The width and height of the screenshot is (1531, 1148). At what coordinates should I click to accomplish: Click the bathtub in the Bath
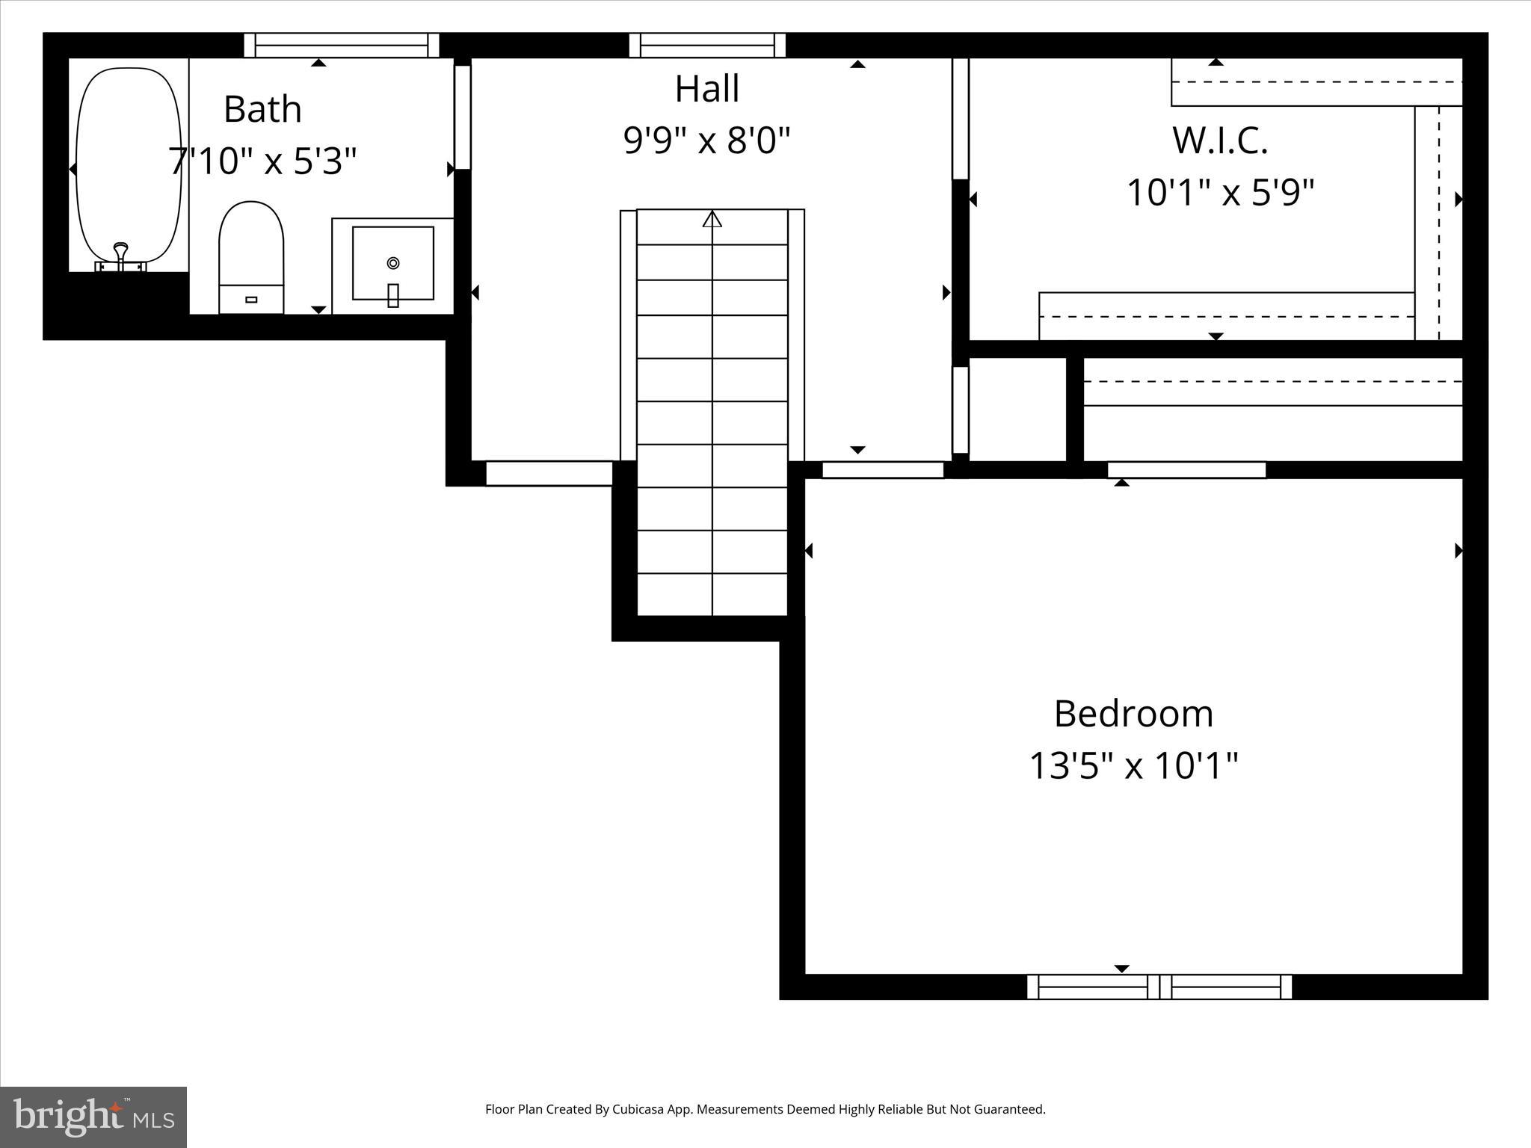(129, 164)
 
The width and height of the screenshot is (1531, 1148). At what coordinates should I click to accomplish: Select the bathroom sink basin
(393, 263)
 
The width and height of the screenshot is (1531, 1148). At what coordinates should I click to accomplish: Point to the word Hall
(706, 89)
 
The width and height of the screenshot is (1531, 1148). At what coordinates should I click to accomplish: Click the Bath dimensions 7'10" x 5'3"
(262, 161)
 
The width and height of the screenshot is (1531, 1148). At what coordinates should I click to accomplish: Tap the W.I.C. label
(1219, 141)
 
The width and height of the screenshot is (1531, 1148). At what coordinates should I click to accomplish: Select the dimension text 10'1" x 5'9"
(1219, 193)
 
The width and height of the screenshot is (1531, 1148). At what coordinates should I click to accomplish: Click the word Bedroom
(1133, 714)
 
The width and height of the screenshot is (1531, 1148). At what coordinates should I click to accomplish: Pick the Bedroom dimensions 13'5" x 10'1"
(1133, 765)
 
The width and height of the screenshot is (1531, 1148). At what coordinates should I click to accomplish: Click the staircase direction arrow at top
(712, 219)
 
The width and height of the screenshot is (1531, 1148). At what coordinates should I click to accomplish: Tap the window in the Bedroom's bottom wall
(1159, 987)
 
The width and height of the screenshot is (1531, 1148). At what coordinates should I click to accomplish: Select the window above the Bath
(342, 45)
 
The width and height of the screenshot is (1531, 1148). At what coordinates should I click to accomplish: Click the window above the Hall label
(707, 45)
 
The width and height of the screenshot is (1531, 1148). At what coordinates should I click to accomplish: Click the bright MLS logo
(93, 1117)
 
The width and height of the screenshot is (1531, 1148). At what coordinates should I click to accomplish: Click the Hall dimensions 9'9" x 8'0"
(706, 141)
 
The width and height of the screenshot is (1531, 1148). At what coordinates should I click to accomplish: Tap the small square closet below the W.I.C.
(1017, 409)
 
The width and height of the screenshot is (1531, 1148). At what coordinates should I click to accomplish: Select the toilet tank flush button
(251, 300)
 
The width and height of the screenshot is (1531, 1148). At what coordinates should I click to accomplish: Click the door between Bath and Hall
(463, 117)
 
